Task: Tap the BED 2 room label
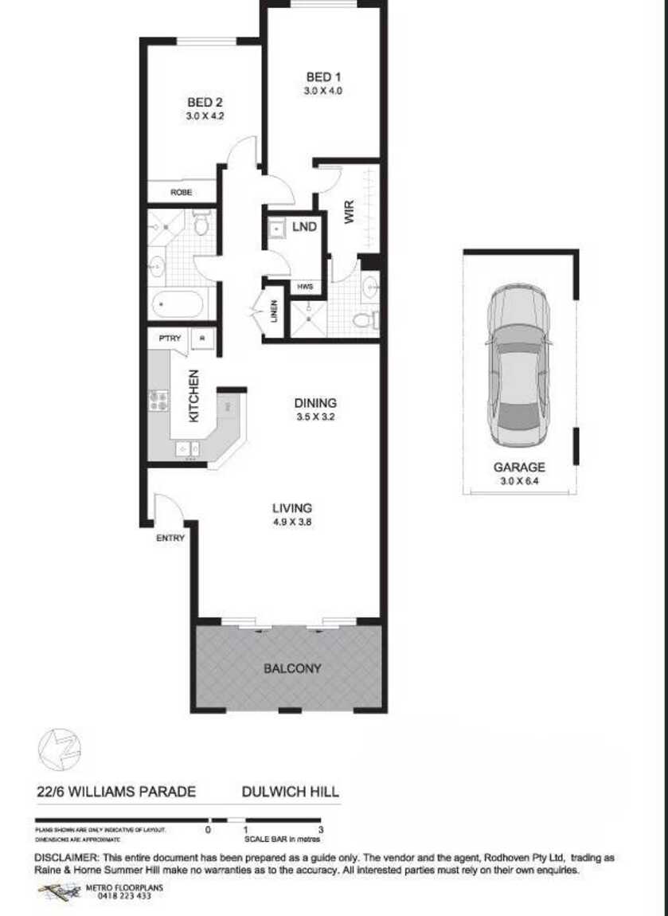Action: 205,103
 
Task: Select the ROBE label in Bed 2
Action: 181,193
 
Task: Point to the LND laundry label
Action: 304,227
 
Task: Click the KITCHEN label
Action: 193,396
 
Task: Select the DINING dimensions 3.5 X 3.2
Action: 315,417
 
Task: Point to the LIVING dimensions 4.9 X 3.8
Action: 292,522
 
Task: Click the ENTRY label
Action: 170,538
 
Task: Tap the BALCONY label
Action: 292,668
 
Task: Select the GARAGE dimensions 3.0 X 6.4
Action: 519,480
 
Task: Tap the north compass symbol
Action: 61,750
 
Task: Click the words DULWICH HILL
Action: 291,792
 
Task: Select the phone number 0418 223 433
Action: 123,896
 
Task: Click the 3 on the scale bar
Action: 319,830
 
